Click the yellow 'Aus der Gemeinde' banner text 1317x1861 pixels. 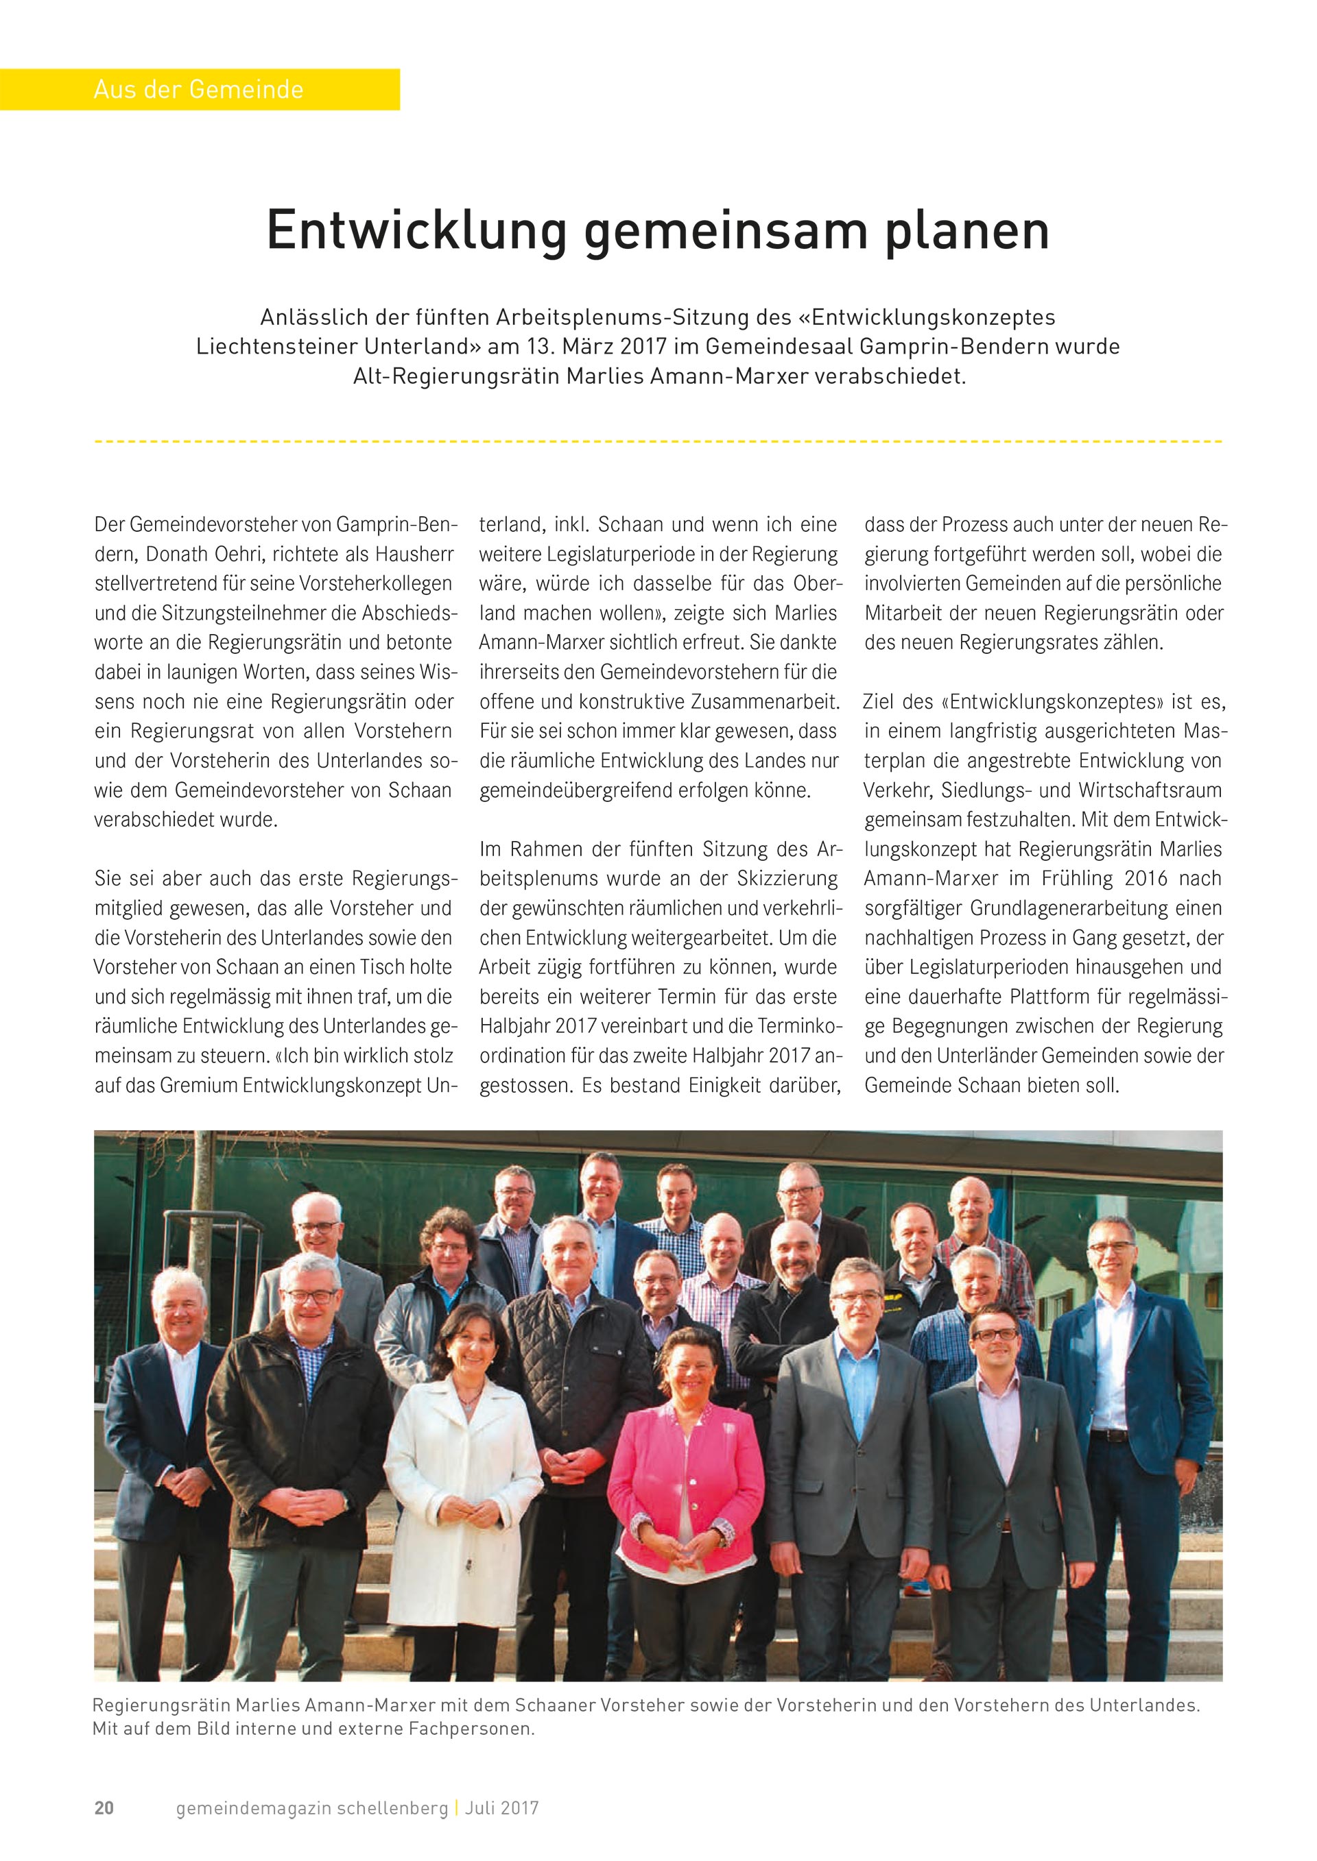tap(199, 89)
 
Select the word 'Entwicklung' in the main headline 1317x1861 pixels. tap(416, 231)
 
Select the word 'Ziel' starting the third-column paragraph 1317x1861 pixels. tap(878, 701)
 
